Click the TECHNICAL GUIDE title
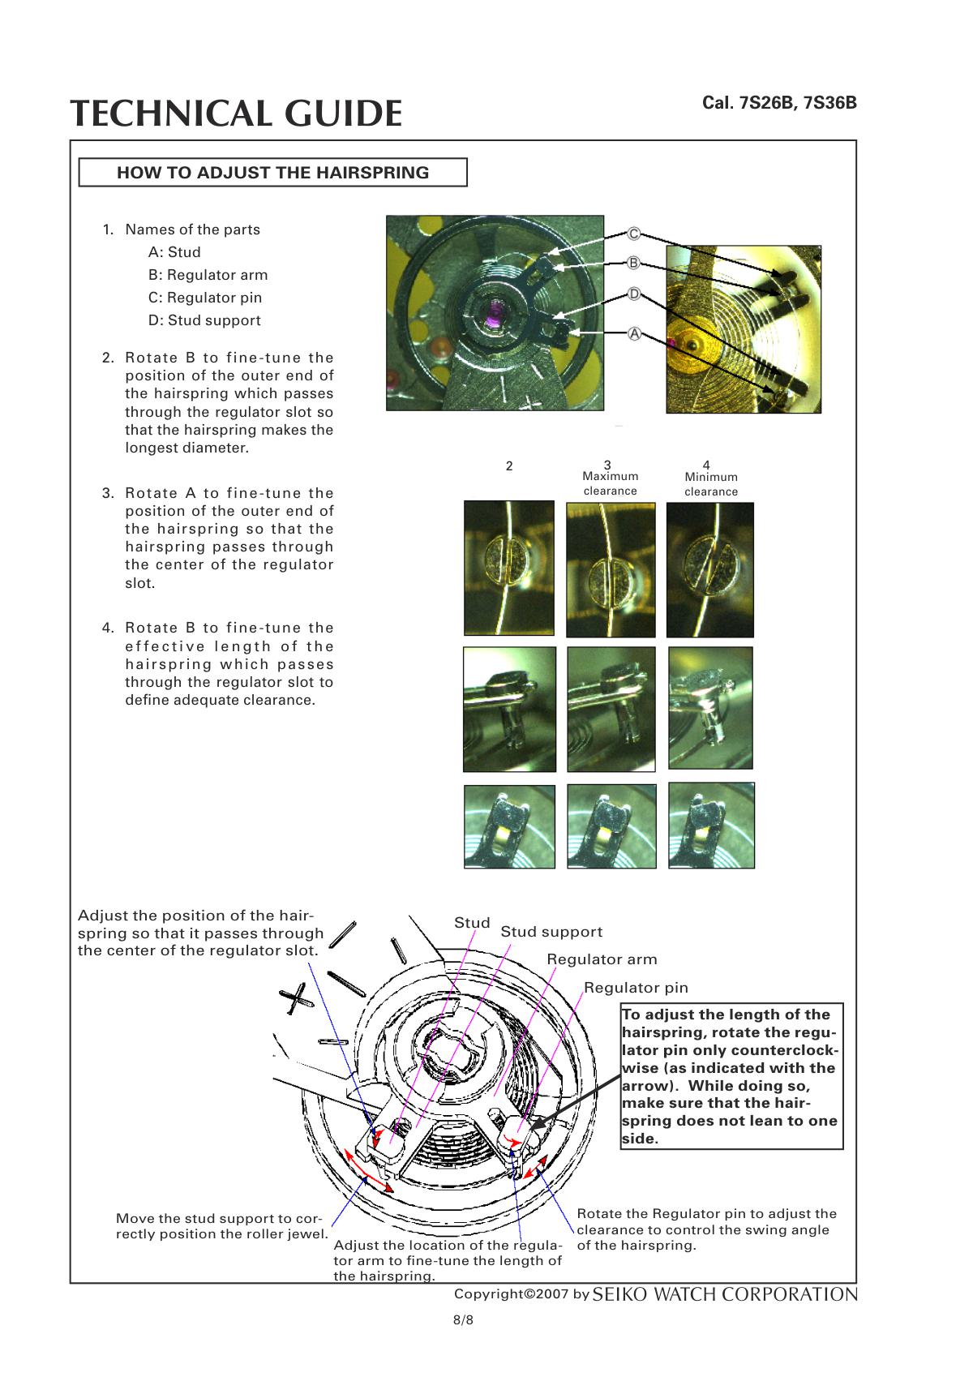click(235, 114)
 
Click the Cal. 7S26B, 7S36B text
click(778, 104)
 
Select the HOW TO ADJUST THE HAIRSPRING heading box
click(272, 173)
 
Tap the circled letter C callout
click(634, 234)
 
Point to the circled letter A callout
click(634, 333)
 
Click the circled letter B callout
click(634, 263)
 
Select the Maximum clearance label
click(610, 483)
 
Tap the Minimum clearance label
click(711, 484)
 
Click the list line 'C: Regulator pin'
click(205, 298)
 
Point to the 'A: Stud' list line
click(174, 252)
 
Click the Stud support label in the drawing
click(551, 932)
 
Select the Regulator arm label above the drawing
click(602, 959)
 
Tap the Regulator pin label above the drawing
click(636, 988)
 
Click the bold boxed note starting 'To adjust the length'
click(731, 1076)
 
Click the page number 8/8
click(463, 1319)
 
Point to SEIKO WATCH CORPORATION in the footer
click(725, 1294)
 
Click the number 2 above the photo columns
click(509, 466)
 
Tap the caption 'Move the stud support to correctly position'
click(221, 1226)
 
